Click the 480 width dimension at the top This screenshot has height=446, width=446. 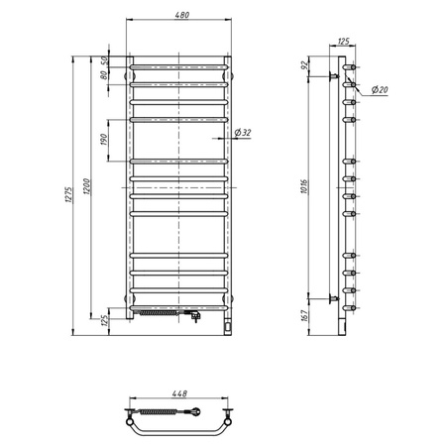(178, 16)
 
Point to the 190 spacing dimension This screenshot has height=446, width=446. (105, 138)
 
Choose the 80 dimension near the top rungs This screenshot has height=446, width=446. (105, 82)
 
